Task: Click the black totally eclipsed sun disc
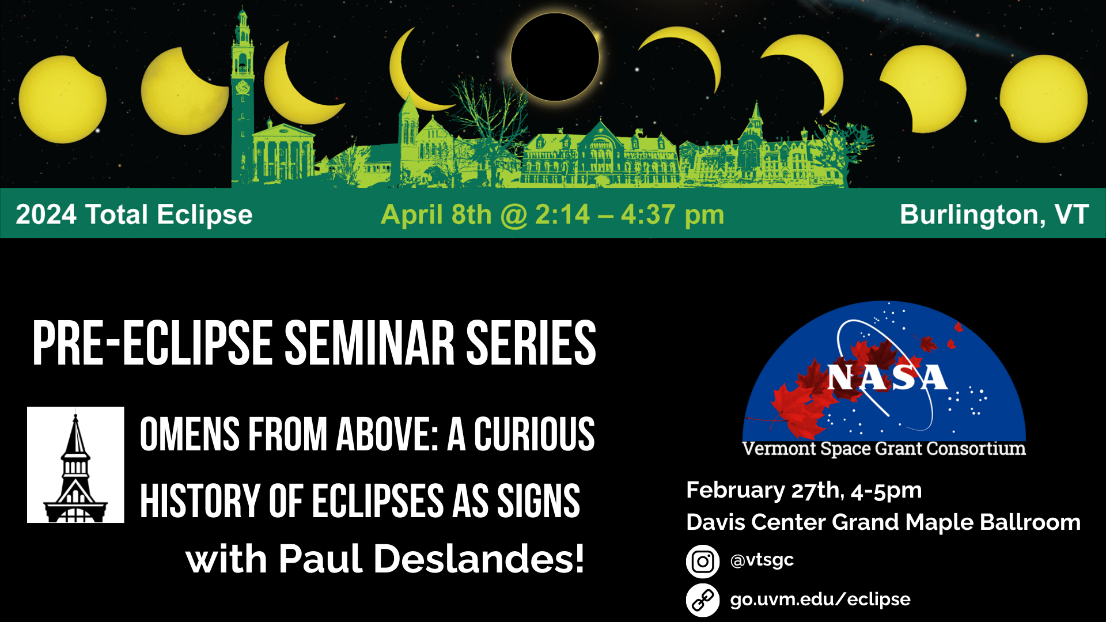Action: pyautogui.click(x=555, y=57)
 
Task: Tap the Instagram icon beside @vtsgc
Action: pyautogui.click(x=703, y=562)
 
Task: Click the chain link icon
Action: pyautogui.click(x=703, y=600)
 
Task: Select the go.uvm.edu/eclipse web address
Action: pyautogui.click(x=820, y=600)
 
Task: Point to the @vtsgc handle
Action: pyautogui.click(x=762, y=560)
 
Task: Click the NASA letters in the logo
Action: pyautogui.click(x=887, y=378)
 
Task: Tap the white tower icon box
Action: pyautogui.click(x=75, y=465)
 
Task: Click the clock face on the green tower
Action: pyautogui.click(x=243, y=88)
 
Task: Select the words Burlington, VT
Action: pyautogui.click(x=994, y=214)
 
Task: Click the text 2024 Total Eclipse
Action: pyautogui.click(x=134, y=214)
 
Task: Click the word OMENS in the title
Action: pyautogui.click(x=190, y=434)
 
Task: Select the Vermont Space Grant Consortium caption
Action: pyautogui.click(x=884, y=449)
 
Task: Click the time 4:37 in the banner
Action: pyautogui.click(x=647, y=215)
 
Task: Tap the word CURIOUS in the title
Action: pyautogui.click(x=534, y=434)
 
